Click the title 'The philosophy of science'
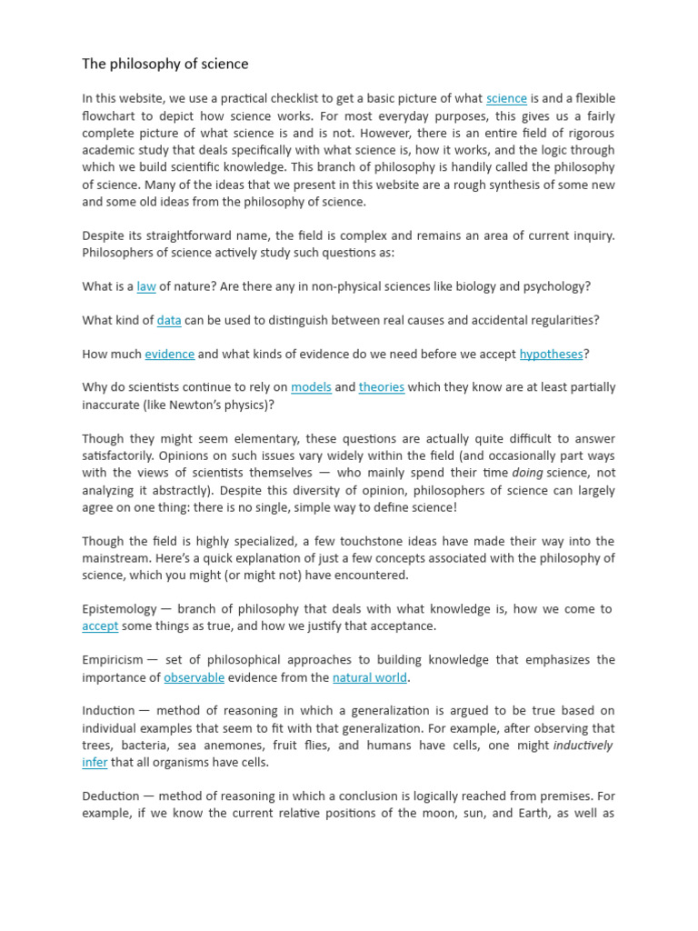point(165,64)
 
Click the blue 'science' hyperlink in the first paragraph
point(506,98)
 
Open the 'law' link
point(146,286)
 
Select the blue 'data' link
point(169,320)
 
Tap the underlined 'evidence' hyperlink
point(169,354)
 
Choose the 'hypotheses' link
point(551,354)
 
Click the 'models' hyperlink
point(311,387)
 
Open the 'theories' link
point(382,387)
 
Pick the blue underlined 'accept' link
point(100,626)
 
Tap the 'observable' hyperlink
point(194,677)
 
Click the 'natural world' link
point(370,677)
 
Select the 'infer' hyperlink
point(95,762)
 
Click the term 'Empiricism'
point(113,660)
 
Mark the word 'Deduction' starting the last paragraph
point(111,796)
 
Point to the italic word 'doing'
point(527,473)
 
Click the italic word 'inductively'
point(583,746)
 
